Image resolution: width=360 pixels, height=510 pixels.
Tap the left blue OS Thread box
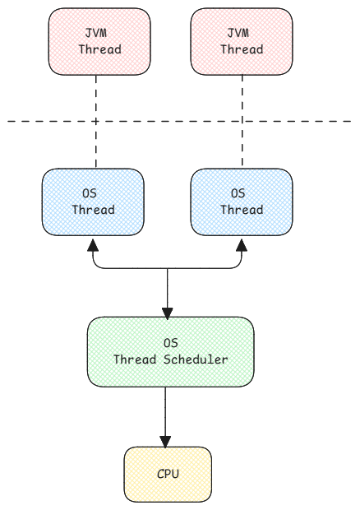93,202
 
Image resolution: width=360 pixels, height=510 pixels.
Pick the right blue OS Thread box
241,202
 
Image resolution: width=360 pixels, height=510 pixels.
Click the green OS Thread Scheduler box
169,351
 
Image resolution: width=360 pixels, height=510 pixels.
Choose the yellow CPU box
168,475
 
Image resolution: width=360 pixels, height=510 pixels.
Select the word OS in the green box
170,343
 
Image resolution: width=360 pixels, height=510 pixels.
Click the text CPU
168,475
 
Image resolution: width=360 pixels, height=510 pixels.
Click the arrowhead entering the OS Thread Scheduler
168,312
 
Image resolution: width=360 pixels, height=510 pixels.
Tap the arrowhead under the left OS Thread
94,246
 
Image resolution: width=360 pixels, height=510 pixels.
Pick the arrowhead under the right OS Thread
241,246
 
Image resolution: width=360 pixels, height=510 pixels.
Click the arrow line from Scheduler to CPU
167,411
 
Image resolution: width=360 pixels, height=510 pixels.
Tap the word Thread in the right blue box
241,210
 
